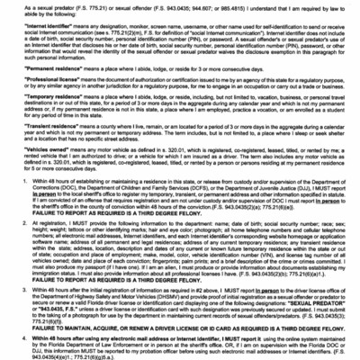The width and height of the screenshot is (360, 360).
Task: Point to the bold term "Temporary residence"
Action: click(x=41, y=101)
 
